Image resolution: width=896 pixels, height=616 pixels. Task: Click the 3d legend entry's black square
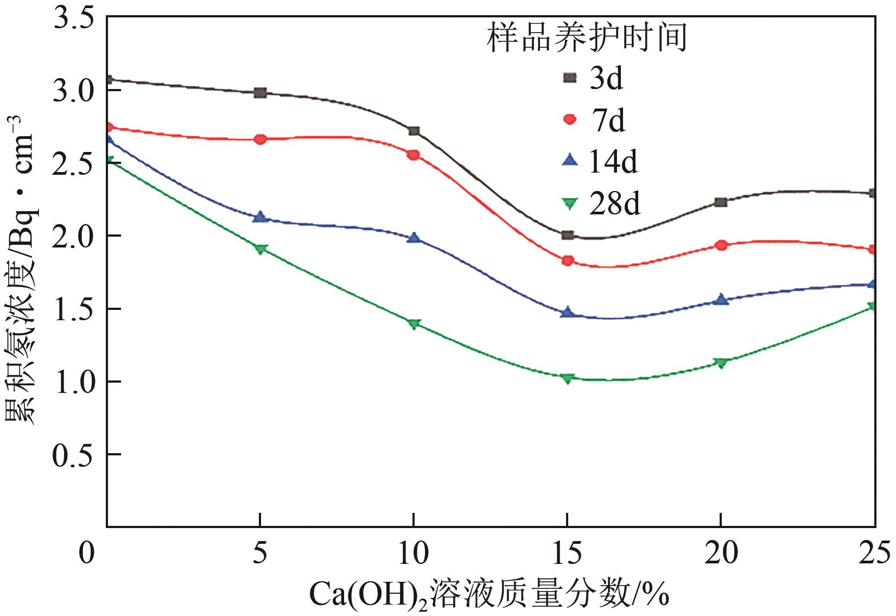(x=569, y=78)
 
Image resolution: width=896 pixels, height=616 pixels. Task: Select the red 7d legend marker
(x=569, y=119)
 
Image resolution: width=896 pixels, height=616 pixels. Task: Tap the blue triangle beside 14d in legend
(x=569, y=160)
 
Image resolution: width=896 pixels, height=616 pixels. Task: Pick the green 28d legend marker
(x=569, y=204)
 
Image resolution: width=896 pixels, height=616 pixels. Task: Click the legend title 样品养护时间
(x=587, y=37)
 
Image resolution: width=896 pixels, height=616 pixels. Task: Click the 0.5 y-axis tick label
(x=77, y=455)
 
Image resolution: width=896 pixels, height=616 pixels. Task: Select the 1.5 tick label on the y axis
(x=77, y=309)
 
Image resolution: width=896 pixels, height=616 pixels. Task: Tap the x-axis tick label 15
(x=567, y=553)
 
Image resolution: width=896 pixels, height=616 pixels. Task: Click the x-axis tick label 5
(x=260, y=553)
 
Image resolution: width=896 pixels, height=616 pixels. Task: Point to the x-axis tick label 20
(x=721, y=553)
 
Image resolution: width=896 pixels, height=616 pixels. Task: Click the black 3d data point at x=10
(x=414, y=131)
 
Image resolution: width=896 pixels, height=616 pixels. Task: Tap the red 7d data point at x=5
(x=260, y=139)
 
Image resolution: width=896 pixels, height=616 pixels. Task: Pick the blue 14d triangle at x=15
(x=568, y=312)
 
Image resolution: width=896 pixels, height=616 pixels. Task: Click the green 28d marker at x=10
(x=414, y=324)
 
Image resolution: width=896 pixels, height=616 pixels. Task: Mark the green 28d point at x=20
(x=721, y=363)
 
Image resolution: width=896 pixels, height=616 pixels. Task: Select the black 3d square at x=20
(x=721, y=202)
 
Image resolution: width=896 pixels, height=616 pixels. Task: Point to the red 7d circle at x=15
(x=568, y=261)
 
